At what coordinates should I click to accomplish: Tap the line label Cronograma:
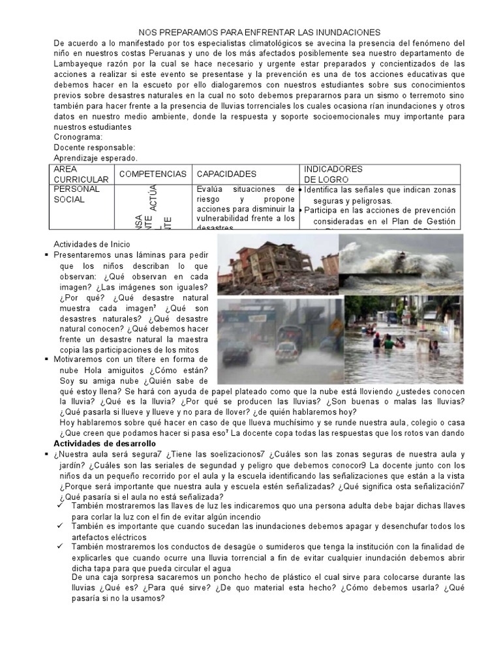[78, 138]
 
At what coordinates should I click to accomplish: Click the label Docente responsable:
[94, 147]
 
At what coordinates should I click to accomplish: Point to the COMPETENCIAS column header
[153, 174]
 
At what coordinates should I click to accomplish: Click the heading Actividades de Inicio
[96, 244]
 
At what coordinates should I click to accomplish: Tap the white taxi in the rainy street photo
[287, 349]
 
